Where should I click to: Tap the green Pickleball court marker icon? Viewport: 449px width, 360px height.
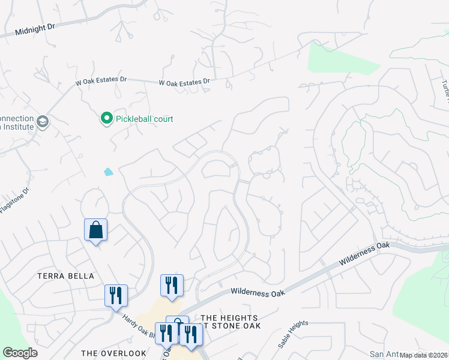pyautogui.click(x=107, y=118)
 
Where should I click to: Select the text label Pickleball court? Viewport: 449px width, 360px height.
pyautogui.click(x=145, y=119)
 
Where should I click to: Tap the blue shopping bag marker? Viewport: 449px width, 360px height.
pyautogui.click(x=96, y=229)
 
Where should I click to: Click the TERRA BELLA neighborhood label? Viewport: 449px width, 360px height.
pyautogui.click(x=66, y=276)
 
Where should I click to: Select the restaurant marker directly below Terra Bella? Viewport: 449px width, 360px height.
pyautogui.click(x=116, y=295)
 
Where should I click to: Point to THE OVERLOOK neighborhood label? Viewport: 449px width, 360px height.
pyautogui.click(x=113, y=353)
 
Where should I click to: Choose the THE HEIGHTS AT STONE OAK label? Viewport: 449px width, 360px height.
pyautogui.click(x=229, y=322)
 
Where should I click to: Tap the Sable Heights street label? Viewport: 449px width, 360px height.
pyautogui.click(x=293, y=335)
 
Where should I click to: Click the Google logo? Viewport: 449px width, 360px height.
pyautogui.click(x=20, y=353)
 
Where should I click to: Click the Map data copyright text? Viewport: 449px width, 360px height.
pyautogui.click(x=424, y=355)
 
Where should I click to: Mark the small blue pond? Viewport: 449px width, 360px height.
pyautogui.click(x=108, y=172)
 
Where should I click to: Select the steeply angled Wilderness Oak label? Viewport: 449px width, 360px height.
pyautogui.click(x=365, y=254)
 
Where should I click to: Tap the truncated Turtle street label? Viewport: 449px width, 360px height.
pyautogui.click(x=445, y=90)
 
